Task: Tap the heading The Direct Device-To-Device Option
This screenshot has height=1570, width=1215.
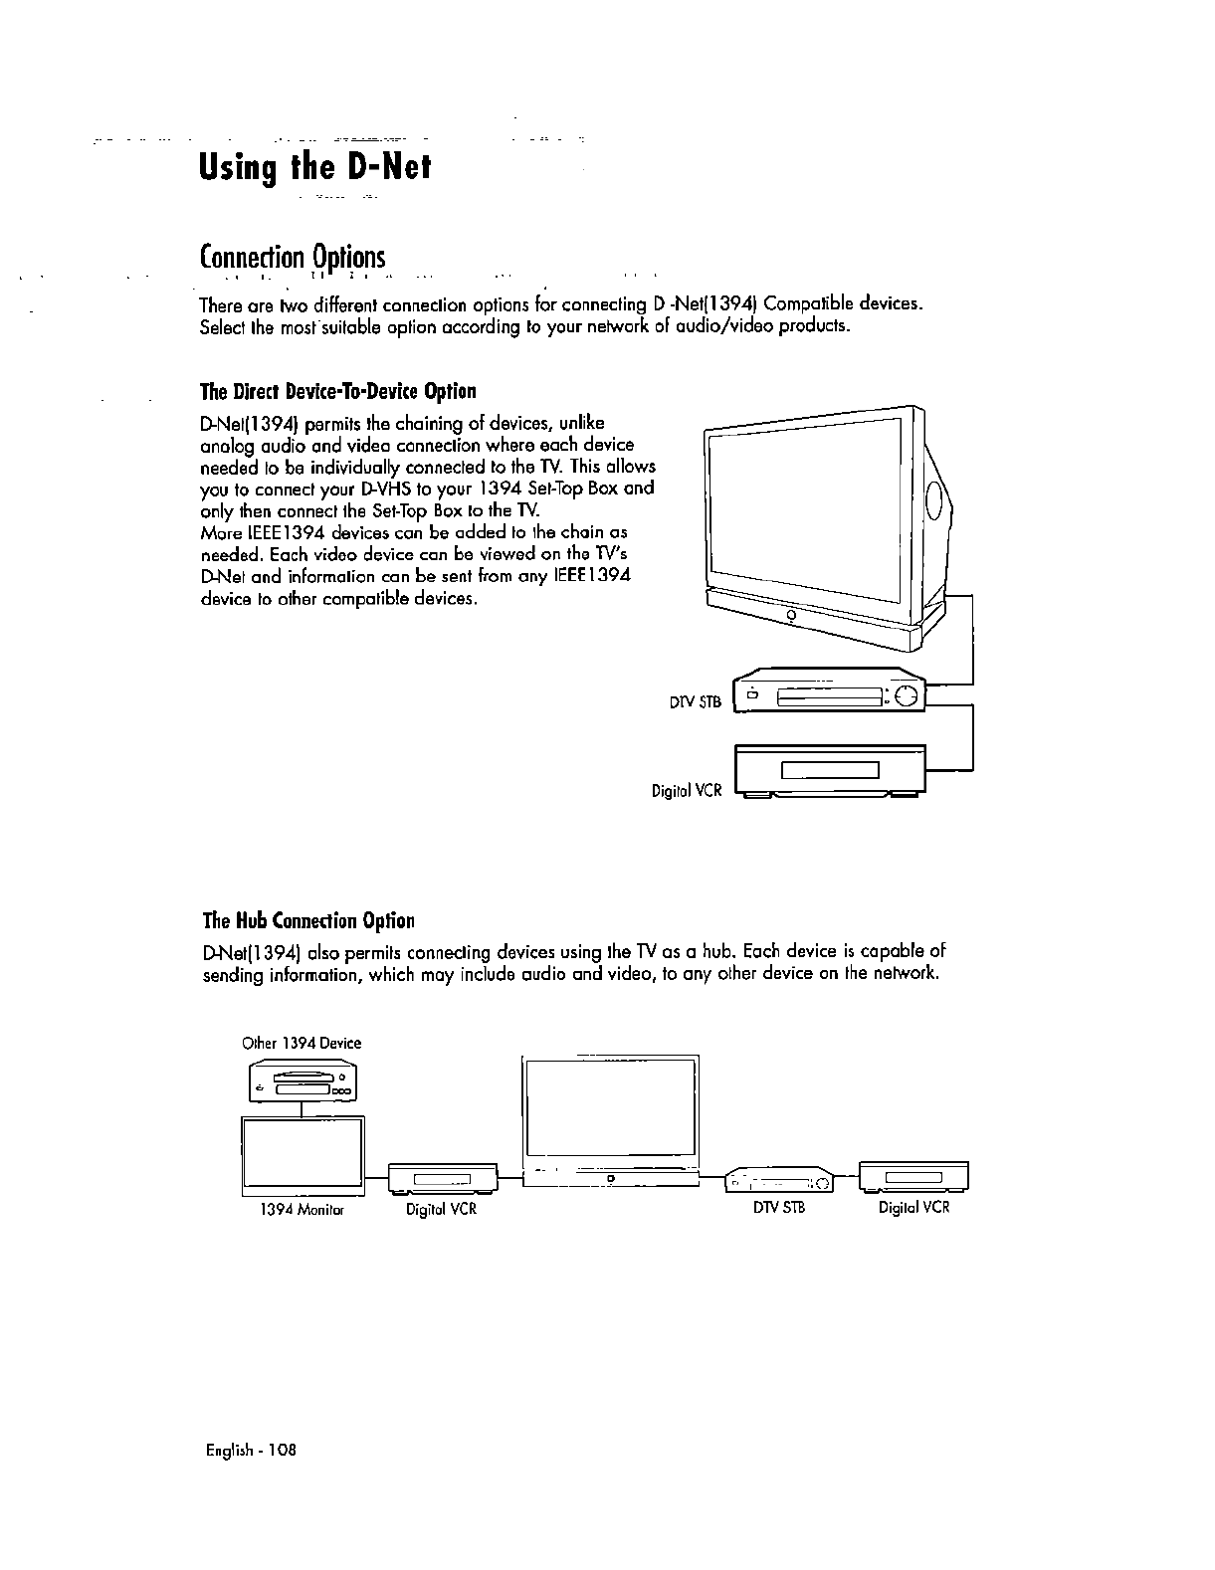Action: click(338, 390)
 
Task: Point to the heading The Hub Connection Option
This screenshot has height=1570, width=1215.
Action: click(307, 920)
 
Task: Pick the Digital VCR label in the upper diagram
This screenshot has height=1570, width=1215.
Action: click(686, 791)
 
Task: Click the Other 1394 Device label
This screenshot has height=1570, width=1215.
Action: click(302, 1043)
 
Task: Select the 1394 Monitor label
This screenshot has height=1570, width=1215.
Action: click(302, 1210)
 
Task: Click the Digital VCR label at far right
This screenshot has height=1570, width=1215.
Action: click(913, 1208)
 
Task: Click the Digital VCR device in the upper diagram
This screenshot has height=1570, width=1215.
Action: click(829, 770)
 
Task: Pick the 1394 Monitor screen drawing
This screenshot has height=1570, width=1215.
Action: click(302, 1154)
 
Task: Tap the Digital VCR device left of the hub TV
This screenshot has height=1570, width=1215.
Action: click(441, 1179)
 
